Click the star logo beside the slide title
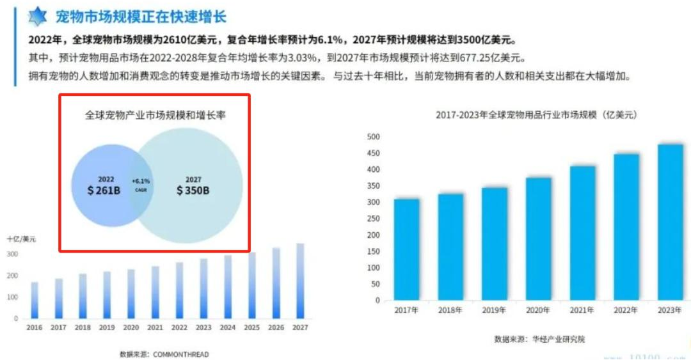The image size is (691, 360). click(x=38, y=16)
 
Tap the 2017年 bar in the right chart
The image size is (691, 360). click(x=406, y=249)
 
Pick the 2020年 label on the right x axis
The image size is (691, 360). click(x=538, y=310)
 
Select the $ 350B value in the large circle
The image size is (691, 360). click(x=193, y=191)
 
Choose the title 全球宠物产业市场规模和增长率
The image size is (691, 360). click(x=155, y=116)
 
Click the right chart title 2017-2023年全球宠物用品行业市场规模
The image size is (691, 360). click(x=536, y=115)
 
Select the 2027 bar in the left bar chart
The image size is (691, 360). click(x=299, y=281)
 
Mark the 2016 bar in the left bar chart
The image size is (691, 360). click(x=35, y=300)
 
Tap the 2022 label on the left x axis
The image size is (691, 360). click(x=179, y=327)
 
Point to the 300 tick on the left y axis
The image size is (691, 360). click(x=12, y=254)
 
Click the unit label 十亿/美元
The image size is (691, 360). click(x=21, y=239)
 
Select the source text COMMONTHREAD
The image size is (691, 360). click(x=181, y=354)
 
